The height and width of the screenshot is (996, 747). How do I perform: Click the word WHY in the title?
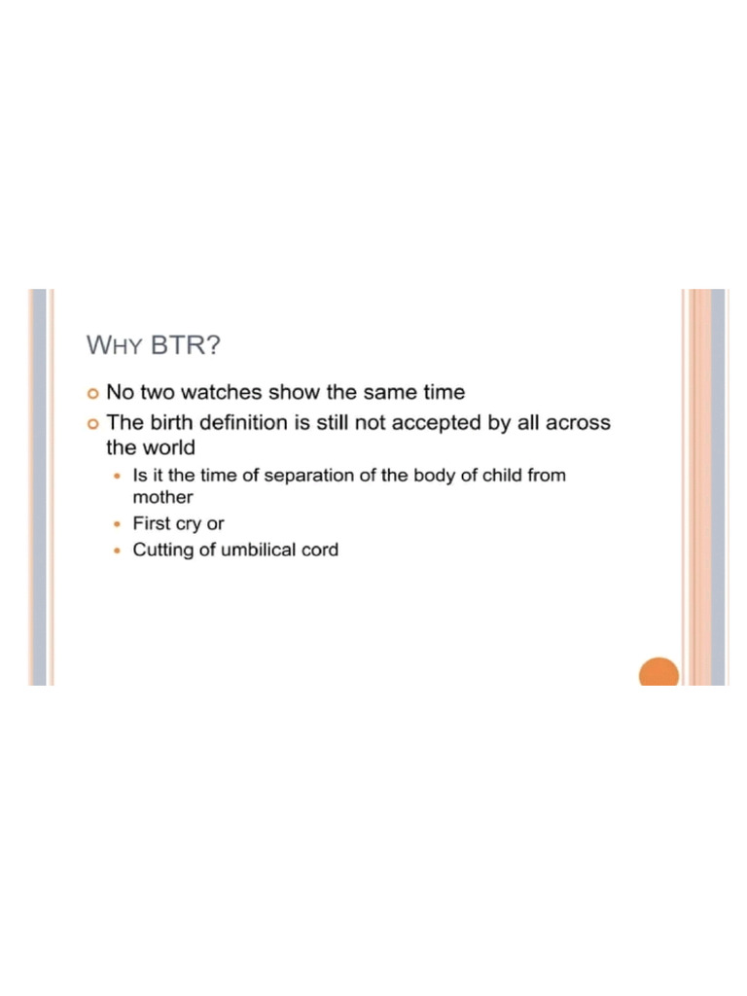point(115,345)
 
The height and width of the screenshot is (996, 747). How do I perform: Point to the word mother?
point(162,497)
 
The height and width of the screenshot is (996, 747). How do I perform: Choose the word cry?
point(188,524)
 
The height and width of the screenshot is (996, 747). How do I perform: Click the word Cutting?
point(161,551)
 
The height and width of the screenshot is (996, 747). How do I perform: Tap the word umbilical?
point(256,551)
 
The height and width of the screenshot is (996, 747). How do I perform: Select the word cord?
point(320,551)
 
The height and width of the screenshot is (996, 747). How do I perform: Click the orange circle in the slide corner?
point(658,672)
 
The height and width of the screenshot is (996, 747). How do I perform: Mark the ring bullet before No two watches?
point(92,394)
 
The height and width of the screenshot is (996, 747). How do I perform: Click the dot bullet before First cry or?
point(118,524)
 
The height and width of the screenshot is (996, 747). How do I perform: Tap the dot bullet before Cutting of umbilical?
point(118,551)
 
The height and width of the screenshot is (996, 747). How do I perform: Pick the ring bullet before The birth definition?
point(92,424)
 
